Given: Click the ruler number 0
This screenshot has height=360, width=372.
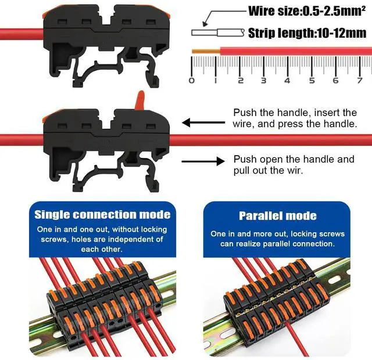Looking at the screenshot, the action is pos(192,81).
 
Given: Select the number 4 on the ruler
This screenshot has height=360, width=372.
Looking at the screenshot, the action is pos(287,81).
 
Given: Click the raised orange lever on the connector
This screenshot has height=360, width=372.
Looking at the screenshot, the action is pos(139,100).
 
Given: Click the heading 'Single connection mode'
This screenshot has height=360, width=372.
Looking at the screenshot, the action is pos(102,215).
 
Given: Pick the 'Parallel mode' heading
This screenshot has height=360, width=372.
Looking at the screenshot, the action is pos(278,216).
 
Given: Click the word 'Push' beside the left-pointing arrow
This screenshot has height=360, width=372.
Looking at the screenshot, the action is pos(244,113).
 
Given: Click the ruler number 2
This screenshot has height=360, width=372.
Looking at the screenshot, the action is pos(239,81).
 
